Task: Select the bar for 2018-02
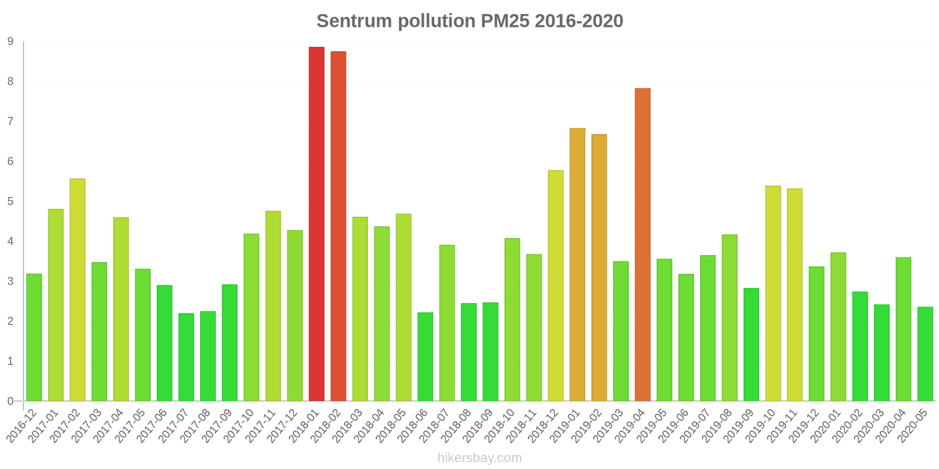tap(338, 226)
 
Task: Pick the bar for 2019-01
tap(577, 264)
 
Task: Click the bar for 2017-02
tap(77, 290)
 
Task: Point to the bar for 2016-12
tap(34, 337)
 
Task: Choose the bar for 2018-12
tap(556, 286)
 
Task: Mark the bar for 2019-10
tap(773, 293)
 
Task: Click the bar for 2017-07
tap(186, 357)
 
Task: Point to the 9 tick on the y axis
tap(11, 42)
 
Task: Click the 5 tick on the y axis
tap(11, 202)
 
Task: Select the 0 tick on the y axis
tap(11, 402)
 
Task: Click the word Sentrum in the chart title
tap(354, 21)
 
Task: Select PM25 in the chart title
tap(505, 21)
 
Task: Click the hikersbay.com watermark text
tap(479, 458)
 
